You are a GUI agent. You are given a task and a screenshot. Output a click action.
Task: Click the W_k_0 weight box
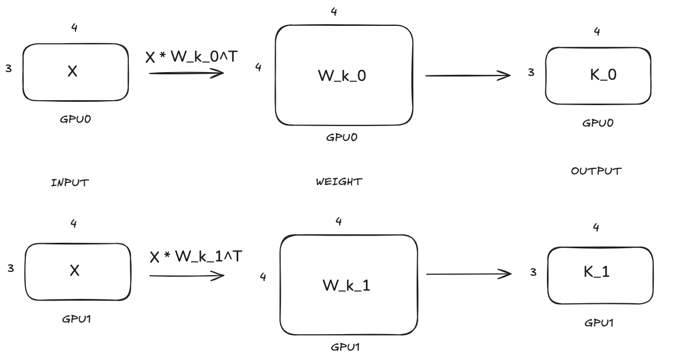(343, 75)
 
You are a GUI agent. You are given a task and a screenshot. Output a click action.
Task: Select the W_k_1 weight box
(348, 285)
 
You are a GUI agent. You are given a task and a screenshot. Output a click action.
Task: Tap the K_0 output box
(598, 75)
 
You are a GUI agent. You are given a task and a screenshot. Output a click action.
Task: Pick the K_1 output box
(600, 275)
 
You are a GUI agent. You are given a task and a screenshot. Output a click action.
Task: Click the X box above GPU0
(75, 72)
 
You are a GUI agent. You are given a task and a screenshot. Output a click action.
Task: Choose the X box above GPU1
(78, 271)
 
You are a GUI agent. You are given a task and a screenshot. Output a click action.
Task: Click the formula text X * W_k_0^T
(191, 57)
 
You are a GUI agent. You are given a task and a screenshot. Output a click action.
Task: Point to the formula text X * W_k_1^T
(195, 257)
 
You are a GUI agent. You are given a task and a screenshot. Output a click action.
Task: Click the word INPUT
(69, 183)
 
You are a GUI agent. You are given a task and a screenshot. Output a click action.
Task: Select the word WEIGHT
(339, 182)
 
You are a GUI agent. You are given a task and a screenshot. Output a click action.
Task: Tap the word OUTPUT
(596, 171)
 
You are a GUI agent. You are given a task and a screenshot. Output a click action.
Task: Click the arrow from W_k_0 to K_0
(468, 75)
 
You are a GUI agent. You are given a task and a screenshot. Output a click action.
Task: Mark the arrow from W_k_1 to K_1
(469, 274)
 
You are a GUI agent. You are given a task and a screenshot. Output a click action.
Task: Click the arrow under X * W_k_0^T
(186, 73)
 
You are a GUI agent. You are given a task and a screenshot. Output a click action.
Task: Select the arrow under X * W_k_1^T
(187, 275)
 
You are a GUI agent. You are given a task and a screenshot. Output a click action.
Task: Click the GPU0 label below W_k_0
(342, 138)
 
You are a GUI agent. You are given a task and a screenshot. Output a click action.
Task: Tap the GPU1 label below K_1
(599, 323)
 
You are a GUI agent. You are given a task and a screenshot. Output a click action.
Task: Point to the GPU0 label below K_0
(598, 123)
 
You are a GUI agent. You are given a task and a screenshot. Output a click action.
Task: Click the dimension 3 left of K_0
(530, 72)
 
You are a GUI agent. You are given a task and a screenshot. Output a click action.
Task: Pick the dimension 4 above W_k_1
(338, 221)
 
